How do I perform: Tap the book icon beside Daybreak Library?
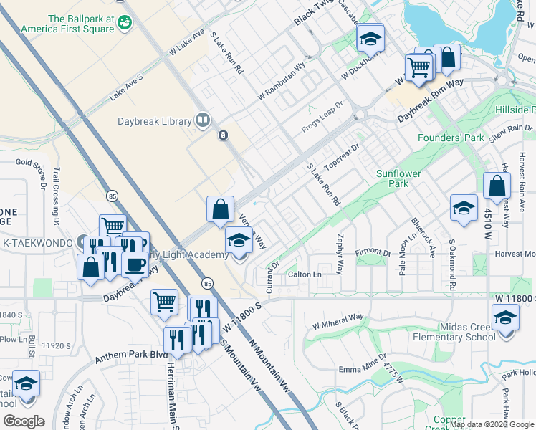click(x=203, y=120)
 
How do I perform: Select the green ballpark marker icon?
click(x=126, y=22)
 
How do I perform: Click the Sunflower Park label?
click(x=399, y=178)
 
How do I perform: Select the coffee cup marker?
click(x=135, y=264)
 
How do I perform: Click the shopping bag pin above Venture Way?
click(x=221, y=210)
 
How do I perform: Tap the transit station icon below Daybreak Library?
click(x=224, y=135)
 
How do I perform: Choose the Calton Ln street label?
click(x=305, y=275)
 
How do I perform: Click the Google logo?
click(x=24, y=421)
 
